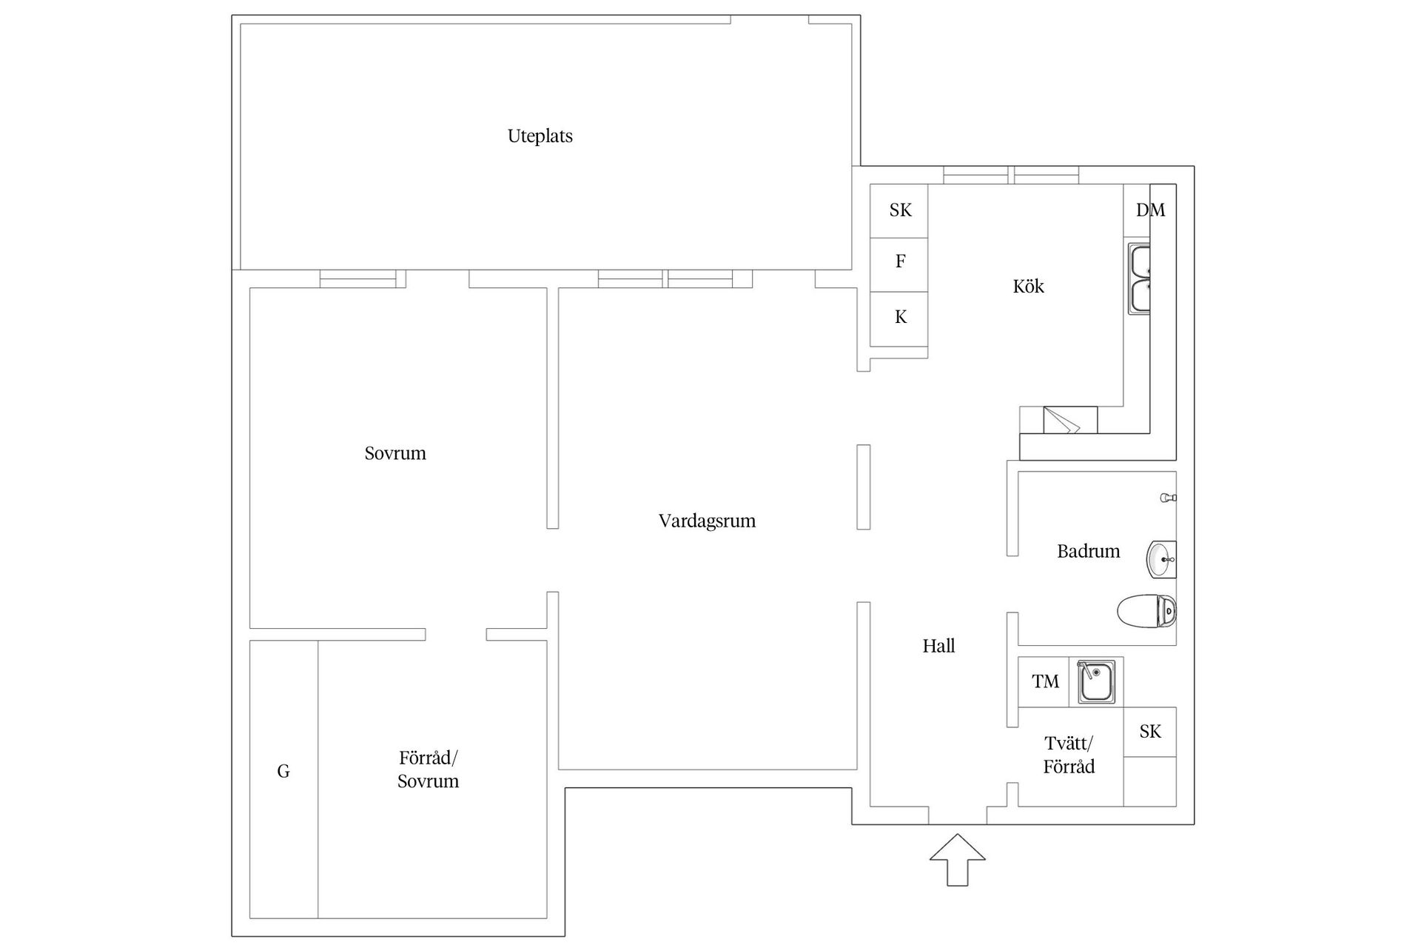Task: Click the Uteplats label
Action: click(x=540, y=136)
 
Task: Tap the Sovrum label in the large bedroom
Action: click(x=395, y=453)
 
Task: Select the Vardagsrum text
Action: click(x=707, y=521)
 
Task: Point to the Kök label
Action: click(x=1028, y=286)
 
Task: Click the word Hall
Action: click(x=938, y=646)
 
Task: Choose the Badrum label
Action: click(x=1088, y=551)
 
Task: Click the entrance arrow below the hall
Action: click(x=958, y=859)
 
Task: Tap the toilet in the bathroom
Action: click(x=1146, y=611)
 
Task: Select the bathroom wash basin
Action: click(x=1161, y=559)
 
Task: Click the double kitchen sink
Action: click(x=1139, y=278)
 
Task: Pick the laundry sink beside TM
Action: click(x=1096, y=682)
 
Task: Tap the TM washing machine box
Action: click(x=1044, y=681)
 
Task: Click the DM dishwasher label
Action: click(x=1150, y=210)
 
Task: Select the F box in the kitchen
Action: click(x=899, y=264)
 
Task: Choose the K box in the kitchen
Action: click(x=899, y=318)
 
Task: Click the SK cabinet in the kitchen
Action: click(x=899, y=210)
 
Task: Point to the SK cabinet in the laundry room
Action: click(x=1150, y=732)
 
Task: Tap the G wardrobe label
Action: click(x=283, y=772)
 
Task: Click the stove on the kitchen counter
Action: click(x=1070, y=420)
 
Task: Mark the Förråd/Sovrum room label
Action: click(x=429, y=770)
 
